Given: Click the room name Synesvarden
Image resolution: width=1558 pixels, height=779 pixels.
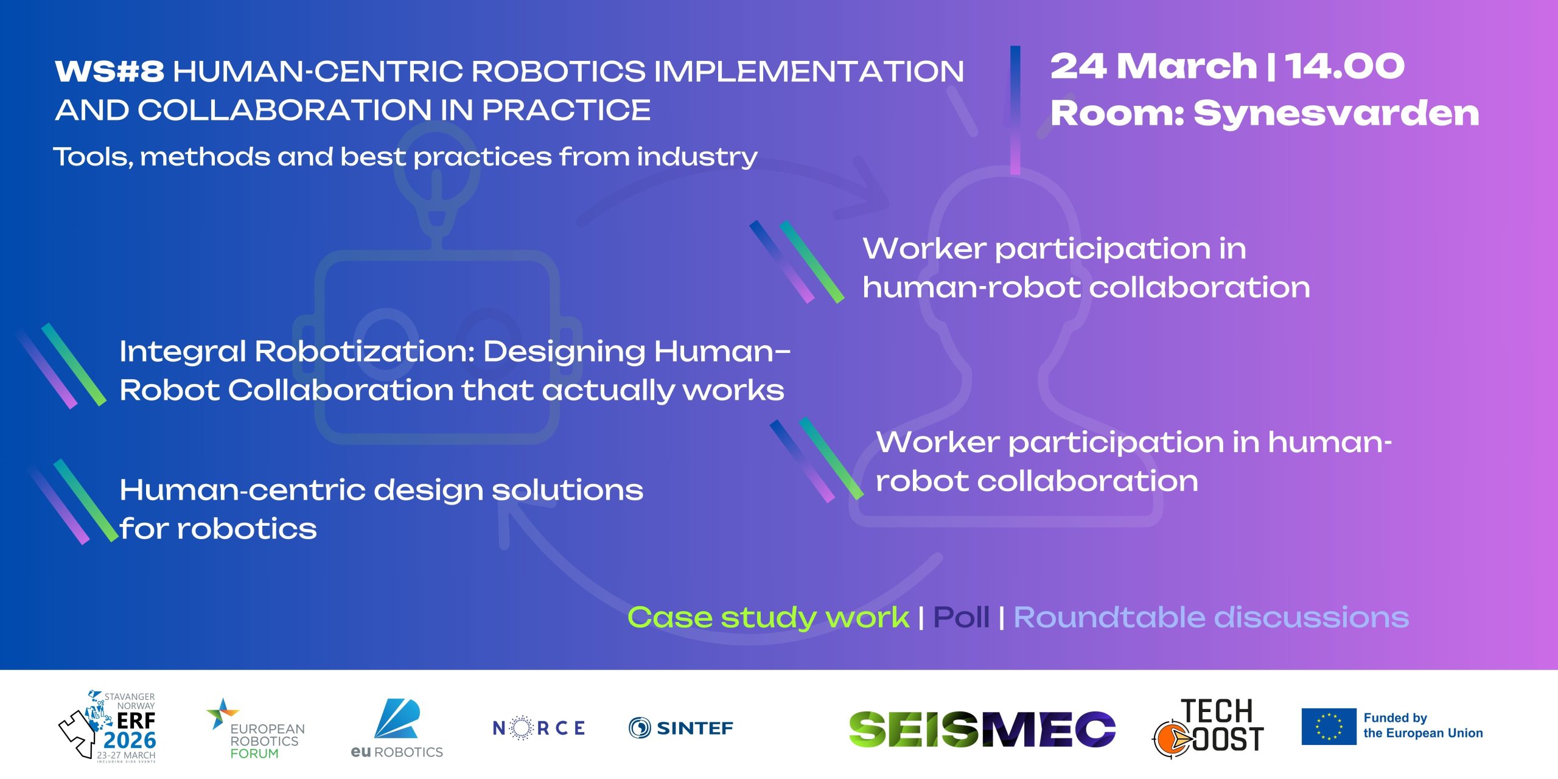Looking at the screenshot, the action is [1336, 113].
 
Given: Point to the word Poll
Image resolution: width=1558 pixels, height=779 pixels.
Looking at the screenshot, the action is [961, 617].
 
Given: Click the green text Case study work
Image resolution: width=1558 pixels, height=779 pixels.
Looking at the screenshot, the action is [769, 618].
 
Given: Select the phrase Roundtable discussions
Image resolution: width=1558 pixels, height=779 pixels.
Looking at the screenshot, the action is [1211, 617].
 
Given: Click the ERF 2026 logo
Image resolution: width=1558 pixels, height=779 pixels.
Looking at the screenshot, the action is [108, 725].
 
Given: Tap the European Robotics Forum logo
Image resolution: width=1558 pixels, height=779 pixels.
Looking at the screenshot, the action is [256, 728].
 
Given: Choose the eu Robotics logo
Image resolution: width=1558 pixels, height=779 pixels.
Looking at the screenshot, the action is [397, 728].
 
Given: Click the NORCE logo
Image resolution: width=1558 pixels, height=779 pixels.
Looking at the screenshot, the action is [539, 728].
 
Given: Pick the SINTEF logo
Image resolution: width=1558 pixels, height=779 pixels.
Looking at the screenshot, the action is [681, 728].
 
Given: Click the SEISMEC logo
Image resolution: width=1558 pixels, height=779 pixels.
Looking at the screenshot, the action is [982, 728].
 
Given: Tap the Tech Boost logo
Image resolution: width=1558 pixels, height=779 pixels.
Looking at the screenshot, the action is [1208, 728].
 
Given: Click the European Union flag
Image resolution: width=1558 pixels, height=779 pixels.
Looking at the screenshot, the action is [1329, 726].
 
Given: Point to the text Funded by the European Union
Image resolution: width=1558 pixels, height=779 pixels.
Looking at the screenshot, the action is [1423, 725].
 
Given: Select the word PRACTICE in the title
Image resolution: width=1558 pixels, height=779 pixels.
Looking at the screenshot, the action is [566, 110].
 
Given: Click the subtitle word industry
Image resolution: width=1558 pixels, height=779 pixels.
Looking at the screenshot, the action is [697, 157].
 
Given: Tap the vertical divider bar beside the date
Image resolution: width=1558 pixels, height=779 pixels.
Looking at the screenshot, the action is [1015, 110].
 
